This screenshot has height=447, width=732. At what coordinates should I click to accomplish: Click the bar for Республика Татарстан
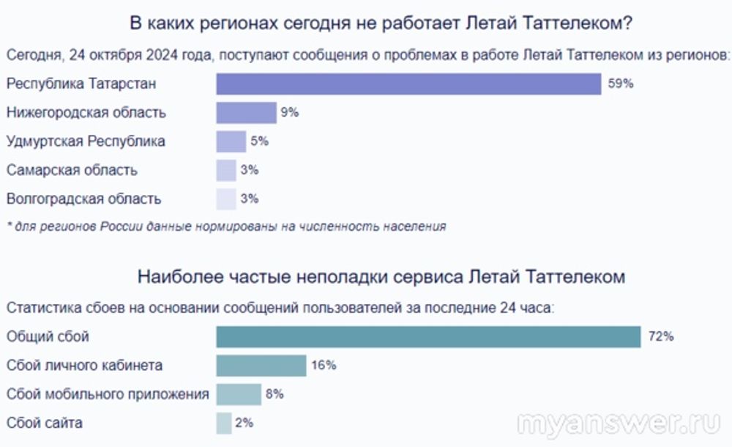point(408,84)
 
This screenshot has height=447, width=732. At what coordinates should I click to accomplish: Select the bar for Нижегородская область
point(245,112)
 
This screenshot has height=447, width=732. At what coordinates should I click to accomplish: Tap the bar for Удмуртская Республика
point(231,141)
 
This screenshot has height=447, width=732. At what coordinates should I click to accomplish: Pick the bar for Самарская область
point(226,170)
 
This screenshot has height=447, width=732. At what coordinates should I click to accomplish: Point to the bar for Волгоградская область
point(226,199)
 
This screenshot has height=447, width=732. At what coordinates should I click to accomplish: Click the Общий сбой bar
point(428,336)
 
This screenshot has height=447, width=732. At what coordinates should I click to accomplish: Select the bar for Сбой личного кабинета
point(261,365)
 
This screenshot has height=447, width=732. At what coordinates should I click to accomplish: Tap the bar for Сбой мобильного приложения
point(239,394)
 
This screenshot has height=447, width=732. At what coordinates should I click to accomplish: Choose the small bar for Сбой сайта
point(224,423)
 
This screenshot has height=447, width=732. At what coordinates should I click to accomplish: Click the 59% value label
point(620,84)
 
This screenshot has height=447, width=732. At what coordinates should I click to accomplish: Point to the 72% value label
point(660,336)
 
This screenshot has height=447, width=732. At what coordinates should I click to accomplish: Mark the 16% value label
point(324,365)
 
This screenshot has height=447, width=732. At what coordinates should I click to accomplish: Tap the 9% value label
point(289,112)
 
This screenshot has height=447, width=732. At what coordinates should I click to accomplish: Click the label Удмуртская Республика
point(86,141)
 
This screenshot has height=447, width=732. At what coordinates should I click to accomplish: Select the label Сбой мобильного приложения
point(107,394)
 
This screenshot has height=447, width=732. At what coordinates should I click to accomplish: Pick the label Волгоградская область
point(83,199)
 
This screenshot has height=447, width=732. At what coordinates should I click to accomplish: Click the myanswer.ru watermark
point(619,424)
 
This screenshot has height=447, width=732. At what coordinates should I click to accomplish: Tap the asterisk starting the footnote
point(9,226)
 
